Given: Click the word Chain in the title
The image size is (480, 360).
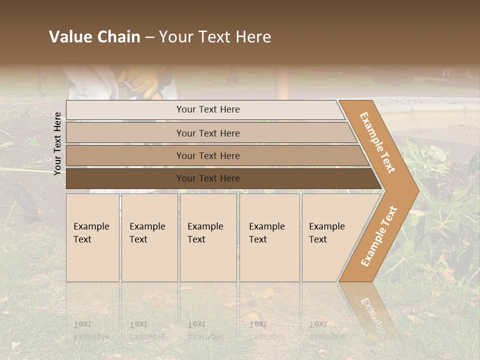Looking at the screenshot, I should click(x=118, y=37).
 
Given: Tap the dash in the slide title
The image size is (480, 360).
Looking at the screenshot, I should click(x=149, y=37).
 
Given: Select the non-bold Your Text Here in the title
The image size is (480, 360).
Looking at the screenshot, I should click(x=215, y=37).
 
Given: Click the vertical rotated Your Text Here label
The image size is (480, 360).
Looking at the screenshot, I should click(x=57, y=143).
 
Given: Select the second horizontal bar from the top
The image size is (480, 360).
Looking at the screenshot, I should click(x=208, y=133).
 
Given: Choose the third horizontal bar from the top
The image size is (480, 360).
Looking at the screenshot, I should click(x=208, y=155).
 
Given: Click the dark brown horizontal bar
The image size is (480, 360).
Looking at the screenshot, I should click(x=208, y=178).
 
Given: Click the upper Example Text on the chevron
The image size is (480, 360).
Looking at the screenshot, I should click(x=377, y=142).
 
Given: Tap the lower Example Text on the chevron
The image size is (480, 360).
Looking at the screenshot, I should click(x=379, y=236).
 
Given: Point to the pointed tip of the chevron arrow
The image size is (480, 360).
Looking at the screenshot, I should click(x=417, y=190).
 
